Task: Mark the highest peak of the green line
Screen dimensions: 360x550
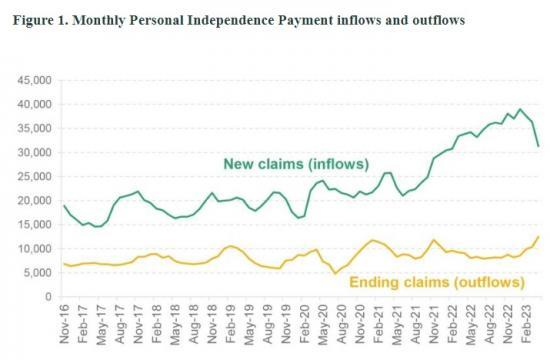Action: pyautogui.click(x=520, y=109)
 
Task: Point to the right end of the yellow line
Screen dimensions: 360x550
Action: pyautogui.click(x=539, y=237)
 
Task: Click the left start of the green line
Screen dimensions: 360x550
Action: pyautogui.click(x=65, y=205)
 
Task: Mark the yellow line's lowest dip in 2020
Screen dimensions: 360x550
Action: pyautogui.click(x=335, y=273)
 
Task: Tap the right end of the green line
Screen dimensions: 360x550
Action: pyautogui.click(x=539, y=146)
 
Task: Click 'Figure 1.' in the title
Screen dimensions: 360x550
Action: pyautogui.click(x=35, y=19)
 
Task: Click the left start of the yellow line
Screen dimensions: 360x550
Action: pyautogui.click(x=65, y=264)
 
